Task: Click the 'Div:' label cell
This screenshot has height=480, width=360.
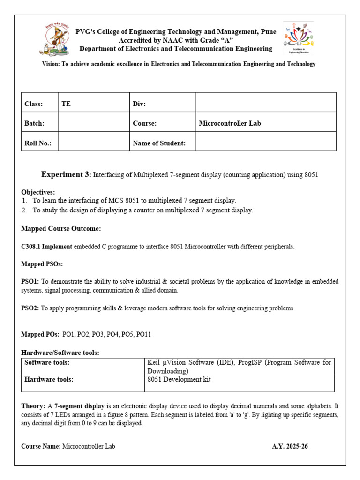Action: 139,104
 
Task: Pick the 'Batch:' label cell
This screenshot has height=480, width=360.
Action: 34,123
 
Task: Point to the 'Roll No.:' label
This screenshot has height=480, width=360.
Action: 37,143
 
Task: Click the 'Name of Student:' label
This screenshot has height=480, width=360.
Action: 159,143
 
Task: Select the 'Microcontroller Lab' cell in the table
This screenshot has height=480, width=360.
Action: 230,123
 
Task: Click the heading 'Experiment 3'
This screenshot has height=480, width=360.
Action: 65,174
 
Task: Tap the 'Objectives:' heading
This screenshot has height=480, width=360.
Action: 38,192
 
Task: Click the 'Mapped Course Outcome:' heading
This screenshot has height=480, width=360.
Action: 61,229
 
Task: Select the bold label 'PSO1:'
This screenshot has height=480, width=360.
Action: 30,281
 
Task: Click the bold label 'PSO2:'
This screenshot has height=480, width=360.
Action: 30,308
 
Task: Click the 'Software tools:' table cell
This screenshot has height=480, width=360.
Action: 47,362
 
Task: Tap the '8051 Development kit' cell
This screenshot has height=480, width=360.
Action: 179,379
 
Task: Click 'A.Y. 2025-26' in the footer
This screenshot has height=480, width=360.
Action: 290,446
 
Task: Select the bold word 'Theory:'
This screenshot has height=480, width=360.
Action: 33,405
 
